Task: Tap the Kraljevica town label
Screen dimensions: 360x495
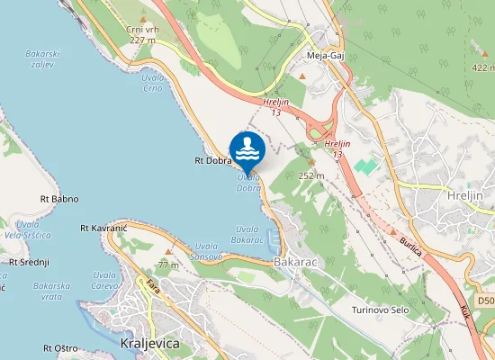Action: pyautogui.click(x=149, y=344)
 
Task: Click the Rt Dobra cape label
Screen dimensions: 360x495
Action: pyautogui.click(x=213, y=161)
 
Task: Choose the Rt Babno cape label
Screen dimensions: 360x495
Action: pyautogui.click(x=59, y=198)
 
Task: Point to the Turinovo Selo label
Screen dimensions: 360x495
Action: pyautogui.click(x=382, y=310)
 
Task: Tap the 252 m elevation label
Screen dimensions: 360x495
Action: pyautogui.click(x=310, y=175)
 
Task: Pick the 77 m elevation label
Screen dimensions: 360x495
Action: pyautogui.click(x=168, y=265)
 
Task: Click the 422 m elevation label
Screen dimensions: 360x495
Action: pyautogui.click(x=481, y=67)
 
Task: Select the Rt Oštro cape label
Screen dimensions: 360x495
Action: pyautogui.click(x=59, y=347)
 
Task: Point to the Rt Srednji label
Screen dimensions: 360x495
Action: pyautogui.click(x=29, y=262)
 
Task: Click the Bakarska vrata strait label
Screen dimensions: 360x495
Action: pyautogui.click(x=52, y=291)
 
